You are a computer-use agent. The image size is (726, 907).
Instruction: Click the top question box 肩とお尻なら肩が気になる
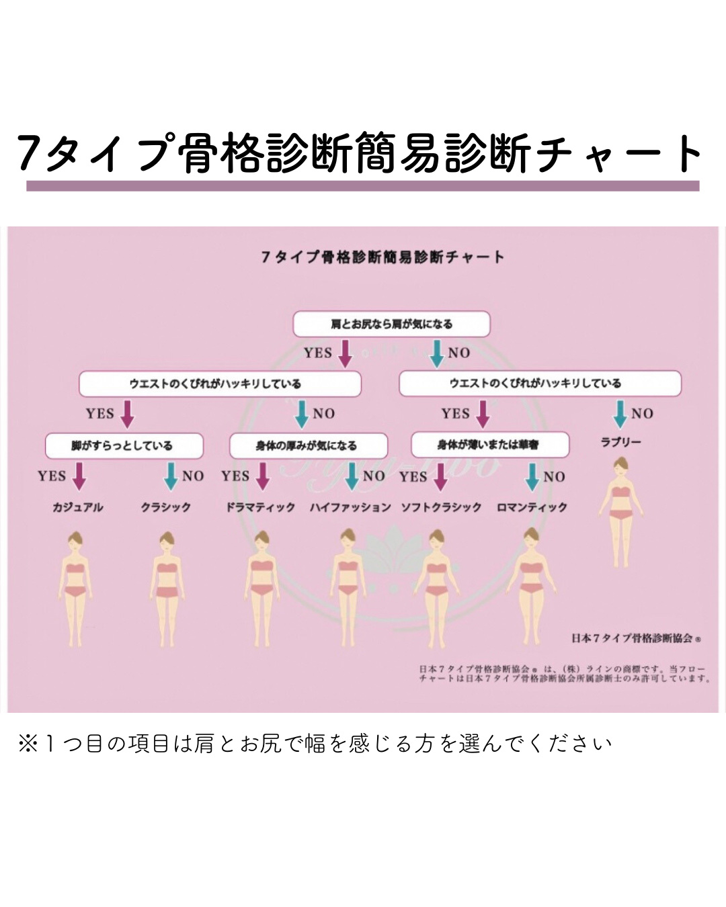(391, 324)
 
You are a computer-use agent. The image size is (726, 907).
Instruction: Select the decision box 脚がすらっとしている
(124, 445)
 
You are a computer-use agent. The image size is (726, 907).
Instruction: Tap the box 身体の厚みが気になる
(308, 445)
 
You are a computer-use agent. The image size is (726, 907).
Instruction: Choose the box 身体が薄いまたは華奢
(489, 445)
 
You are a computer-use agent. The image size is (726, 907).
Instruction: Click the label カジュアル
(78, 507)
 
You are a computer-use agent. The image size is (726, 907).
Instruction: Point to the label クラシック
(166, 507)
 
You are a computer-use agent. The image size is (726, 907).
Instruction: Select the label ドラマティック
(260, 507)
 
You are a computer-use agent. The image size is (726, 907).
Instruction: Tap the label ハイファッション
(350, 507)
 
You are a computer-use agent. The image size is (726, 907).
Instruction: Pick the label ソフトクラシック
(441, 507)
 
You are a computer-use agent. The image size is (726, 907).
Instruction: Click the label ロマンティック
(532, 507)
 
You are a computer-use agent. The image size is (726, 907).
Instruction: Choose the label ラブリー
(620, 442)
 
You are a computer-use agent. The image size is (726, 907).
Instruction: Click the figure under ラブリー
(620, 511)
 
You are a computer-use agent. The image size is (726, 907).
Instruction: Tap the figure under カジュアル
(76, 588)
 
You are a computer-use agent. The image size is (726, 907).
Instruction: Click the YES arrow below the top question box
(345, 353)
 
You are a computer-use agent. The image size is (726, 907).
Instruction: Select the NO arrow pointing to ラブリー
(620, 414)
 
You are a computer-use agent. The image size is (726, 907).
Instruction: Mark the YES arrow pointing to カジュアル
(79, 476)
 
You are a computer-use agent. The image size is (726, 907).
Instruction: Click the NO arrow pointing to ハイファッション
(352, 476)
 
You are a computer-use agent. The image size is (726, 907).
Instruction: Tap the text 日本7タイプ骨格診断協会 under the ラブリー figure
(632, 638)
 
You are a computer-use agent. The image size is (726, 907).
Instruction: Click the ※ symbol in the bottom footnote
(28, 744)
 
